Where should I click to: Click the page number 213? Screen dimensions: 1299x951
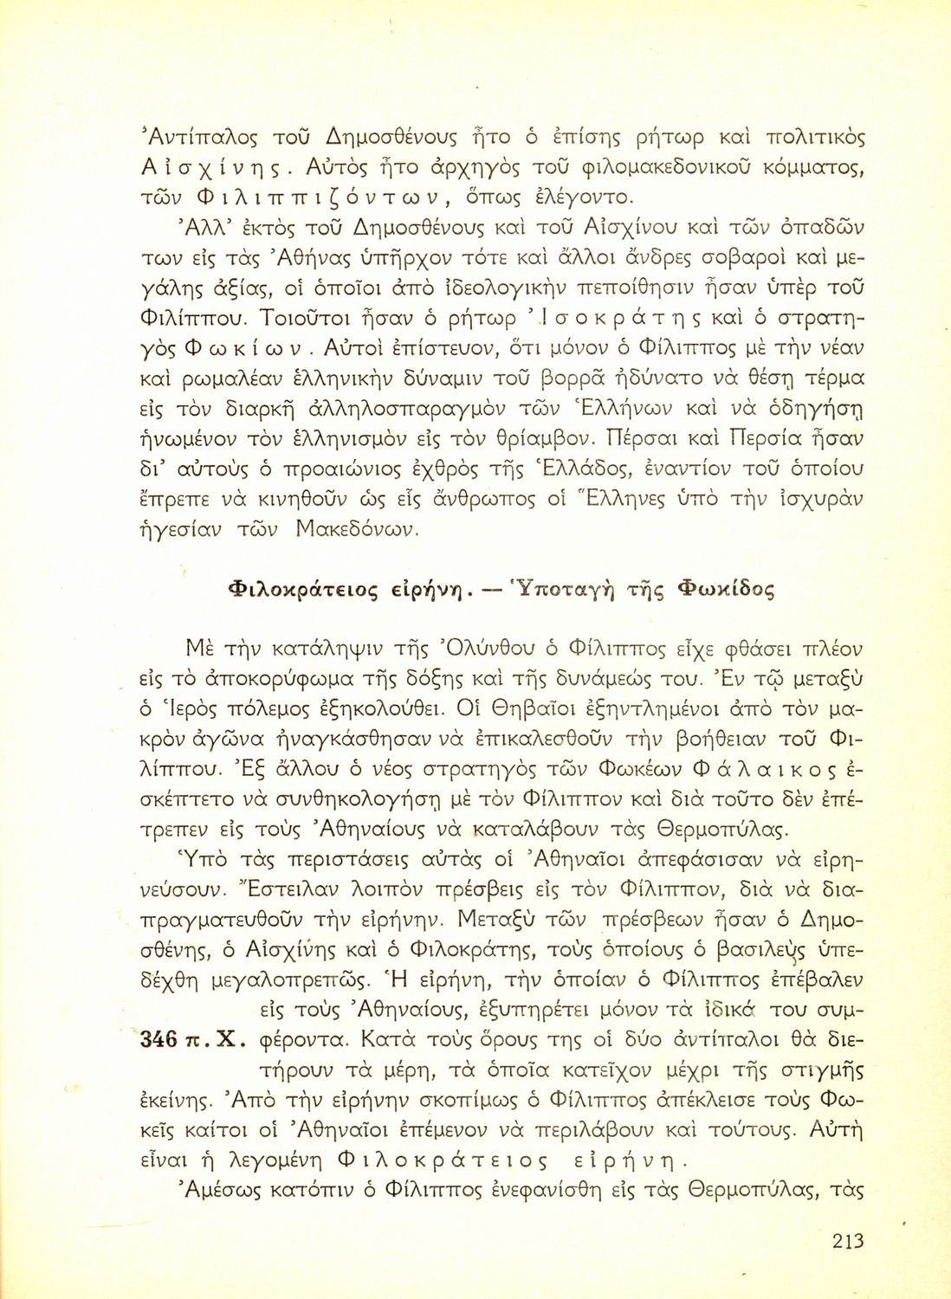coord(848,1241)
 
